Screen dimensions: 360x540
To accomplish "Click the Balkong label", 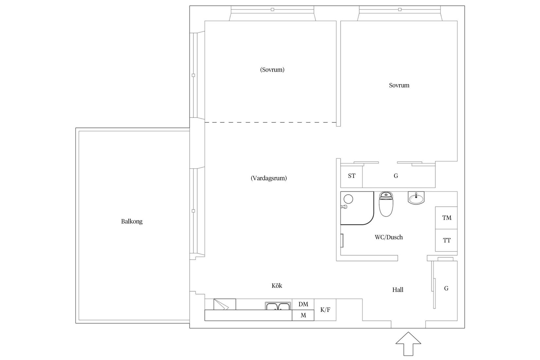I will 132,222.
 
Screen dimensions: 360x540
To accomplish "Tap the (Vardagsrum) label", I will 269,178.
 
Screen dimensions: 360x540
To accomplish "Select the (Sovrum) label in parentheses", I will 272,70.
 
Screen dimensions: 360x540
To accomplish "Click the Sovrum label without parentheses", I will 399,85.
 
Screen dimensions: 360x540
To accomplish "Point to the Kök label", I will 277,286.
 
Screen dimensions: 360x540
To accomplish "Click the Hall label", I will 398,290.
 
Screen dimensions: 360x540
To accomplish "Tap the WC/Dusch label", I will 388,237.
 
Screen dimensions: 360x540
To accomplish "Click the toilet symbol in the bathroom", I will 387,205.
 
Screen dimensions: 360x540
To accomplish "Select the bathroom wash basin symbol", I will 416,198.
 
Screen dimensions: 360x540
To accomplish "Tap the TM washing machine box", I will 446,218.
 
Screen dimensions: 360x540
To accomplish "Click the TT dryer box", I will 446,241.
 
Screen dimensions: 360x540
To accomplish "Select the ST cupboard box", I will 351,176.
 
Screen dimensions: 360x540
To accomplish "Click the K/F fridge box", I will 325,310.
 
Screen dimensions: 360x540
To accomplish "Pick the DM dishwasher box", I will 303,304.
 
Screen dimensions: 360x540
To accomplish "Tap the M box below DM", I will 303,315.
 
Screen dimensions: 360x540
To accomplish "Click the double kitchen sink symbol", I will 278,306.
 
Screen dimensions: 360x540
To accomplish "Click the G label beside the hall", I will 446,288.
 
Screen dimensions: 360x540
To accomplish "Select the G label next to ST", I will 396,176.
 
